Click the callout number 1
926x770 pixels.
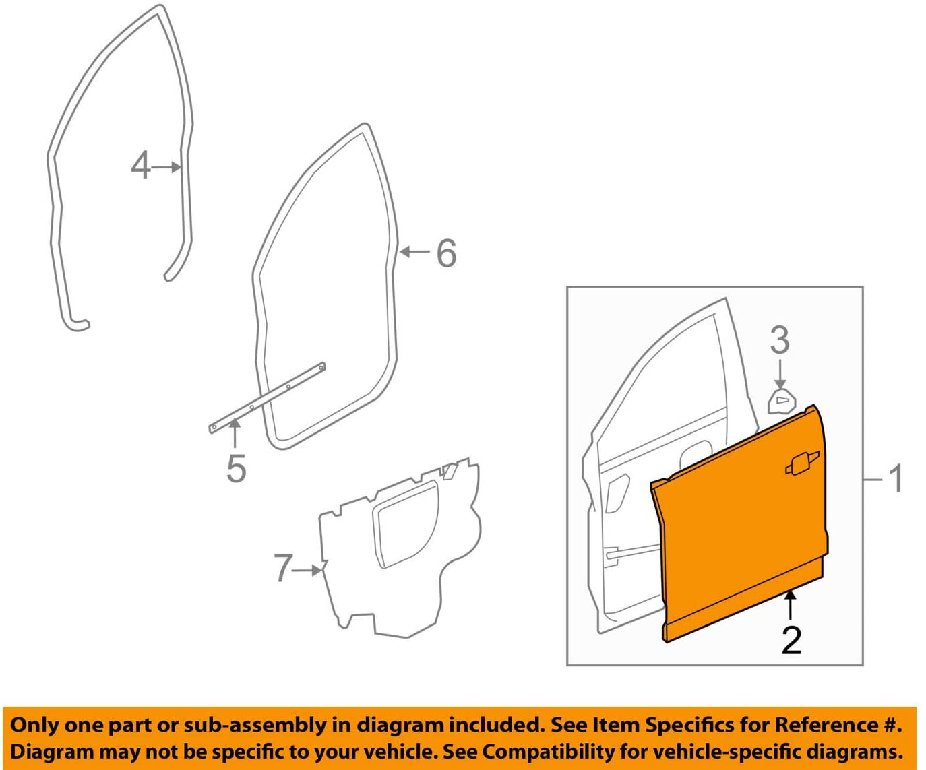click(896, 478)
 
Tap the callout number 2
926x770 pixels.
click(791, 640)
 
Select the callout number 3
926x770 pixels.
click(780, 340)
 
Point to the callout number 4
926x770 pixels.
click(140, 166)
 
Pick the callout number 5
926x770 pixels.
click(236, 468)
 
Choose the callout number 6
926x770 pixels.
click(446, 253)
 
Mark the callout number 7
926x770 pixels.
click(283, 568)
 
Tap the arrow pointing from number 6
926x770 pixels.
click(415, 252)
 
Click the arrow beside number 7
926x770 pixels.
click(310, 570)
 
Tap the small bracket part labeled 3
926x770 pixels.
click(781, 402)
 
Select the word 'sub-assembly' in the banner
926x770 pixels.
click(257, 725)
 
